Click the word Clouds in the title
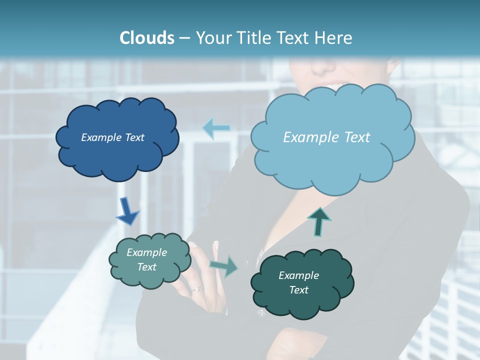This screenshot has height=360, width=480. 146,38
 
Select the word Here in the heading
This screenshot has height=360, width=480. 334,38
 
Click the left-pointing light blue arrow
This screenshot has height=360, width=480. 216,128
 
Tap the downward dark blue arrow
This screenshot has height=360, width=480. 127,211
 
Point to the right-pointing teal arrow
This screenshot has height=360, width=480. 224,265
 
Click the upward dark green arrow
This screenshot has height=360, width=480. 319,221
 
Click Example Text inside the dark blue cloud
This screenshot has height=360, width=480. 112,137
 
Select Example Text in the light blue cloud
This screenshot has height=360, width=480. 326,137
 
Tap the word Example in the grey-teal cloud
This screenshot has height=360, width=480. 146,252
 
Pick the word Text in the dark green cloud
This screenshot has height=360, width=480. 298,290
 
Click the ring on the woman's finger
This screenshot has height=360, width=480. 198,289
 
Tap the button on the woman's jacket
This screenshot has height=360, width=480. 260,313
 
